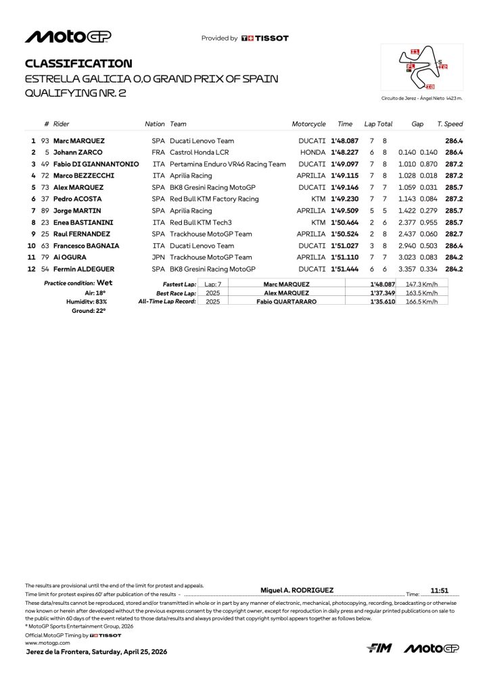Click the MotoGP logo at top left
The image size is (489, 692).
coord(68,37)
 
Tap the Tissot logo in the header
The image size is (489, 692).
coord(265,39)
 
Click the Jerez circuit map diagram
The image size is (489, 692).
coord(423,68)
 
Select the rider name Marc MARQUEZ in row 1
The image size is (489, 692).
coord(79,141)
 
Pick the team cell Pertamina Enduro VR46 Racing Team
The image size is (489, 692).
coord(228,164)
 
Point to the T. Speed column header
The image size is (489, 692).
coord(450,124)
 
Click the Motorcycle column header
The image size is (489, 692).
coord(308,124)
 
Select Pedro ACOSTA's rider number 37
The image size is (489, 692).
coord(45,199)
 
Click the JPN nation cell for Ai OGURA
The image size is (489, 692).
coord(158,257)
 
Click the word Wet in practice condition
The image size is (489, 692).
coord(104,283)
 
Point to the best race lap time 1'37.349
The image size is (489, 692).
coord(382,293)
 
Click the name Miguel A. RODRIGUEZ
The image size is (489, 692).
coord(297,590)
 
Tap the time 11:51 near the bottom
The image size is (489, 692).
coord(440,590)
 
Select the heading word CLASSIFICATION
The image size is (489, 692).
coord(78,64)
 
